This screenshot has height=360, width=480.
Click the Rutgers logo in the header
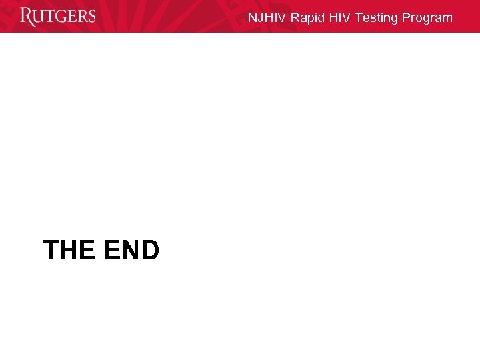coord(58,17)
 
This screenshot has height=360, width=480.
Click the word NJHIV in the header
coord(267,18)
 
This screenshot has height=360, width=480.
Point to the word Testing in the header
coord(377,18)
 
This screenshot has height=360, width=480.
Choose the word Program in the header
coord(427,18)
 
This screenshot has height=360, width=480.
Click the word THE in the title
coord(69,251)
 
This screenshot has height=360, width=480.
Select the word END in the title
coord(132,251)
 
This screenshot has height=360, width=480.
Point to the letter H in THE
coord(69,251)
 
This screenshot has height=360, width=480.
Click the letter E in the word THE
coord(88,251)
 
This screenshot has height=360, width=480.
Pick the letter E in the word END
coord(111,251)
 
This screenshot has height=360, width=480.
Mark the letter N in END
coord(131,251)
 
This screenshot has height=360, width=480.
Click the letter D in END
coord(150,251)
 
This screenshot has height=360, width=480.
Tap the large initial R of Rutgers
coord(27,17)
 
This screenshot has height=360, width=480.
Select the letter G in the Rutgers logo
coord(61,17)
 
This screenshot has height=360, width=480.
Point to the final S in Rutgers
coord(91,17)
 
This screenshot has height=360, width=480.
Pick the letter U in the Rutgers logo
coord(39,17)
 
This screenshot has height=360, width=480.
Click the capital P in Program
coord(407,18)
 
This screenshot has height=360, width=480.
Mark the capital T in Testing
coord(359,18)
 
